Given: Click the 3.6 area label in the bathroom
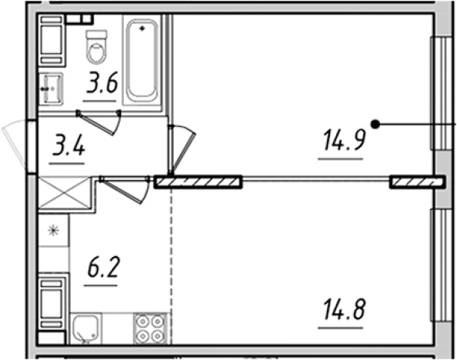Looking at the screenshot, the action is pyautogui.click(x=102, y=82).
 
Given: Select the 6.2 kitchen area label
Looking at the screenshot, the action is pyautogui.click(x=103, y=267).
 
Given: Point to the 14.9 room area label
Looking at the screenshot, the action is pyautogui.click(x=344, y=140).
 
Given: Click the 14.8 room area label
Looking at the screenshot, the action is pyautogui.click(x=344, y=309).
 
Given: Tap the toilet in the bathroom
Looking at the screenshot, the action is pyautogui.click(x=96, y=47).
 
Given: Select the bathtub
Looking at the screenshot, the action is pyautogui.click(x=142, y=60).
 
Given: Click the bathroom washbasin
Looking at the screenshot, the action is pyautogui.click(x=52, y=88).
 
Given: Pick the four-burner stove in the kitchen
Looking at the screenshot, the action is pyautogui.click(x=150, y=328).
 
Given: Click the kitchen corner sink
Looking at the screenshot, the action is pyautogui.click(x=85, y=328).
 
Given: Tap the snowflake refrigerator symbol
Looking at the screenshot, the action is pyautogui.click(x=54, y=231).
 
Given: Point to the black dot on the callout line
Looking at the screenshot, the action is pyautogui.click(x=375, y=125).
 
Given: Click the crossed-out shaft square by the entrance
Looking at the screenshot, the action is pyautogui.click(x=65, y=192).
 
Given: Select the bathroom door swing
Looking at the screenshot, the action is pyautogui.click(x=99, y=122).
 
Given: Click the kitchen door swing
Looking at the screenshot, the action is pyautogui.click(x=125, y=189).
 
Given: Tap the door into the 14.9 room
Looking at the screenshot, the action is pyautogui.click(x=182, y=149).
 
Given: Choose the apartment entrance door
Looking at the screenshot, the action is pyautogui.click(x=16, y=145).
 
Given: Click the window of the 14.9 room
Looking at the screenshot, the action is pyautogui.click(x=442, y=94).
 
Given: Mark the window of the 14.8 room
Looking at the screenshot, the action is pyautogui.click(x=442, y=265).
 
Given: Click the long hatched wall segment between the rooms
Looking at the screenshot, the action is pyautogui.click(x=198, y=182).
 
